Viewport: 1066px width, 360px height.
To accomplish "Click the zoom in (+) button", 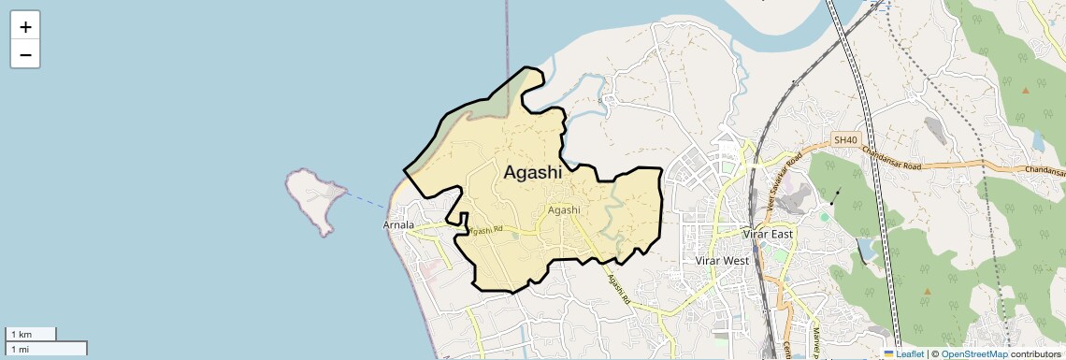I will (25, 27).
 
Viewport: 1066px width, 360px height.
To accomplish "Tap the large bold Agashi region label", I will (533, 172).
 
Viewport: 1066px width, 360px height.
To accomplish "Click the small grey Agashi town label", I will (564, 210).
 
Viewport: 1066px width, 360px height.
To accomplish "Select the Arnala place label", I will (398, 225).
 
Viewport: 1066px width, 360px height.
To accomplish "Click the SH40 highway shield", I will (845, 140).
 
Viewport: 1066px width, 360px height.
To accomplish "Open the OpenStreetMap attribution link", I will (973, 353).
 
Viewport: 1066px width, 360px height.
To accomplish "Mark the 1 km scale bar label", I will (21, 334).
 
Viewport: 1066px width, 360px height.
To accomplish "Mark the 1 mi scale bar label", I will (21, 349).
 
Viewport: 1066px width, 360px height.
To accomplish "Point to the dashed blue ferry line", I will (367, 198).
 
